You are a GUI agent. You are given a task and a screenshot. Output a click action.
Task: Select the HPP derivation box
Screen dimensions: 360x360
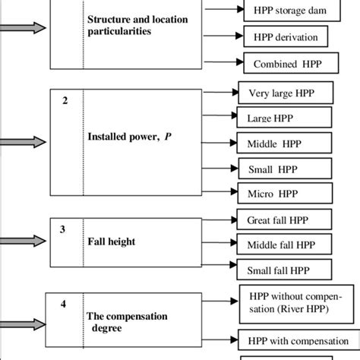(285, 37)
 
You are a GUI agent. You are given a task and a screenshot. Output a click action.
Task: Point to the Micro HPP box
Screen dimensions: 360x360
(286, 194)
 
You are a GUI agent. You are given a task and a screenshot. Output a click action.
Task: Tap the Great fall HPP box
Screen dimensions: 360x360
(285, 220)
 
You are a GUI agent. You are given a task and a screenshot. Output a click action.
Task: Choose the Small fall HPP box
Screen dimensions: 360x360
(285, 270)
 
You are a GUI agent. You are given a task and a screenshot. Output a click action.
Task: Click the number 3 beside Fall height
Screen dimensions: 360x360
(64, 228)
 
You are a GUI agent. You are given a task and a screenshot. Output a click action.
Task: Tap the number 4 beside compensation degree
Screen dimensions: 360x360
(64, 305)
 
